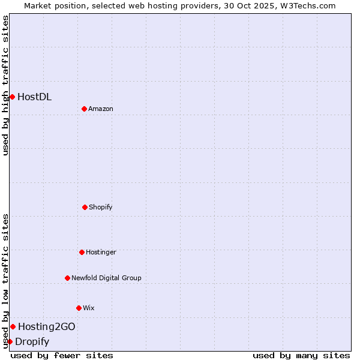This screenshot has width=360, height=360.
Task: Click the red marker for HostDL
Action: [12, 97]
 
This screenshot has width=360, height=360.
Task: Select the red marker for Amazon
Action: [84, 109]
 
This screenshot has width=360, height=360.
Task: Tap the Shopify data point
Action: [85, 207]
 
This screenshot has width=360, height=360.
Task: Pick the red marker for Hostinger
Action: [82, 252]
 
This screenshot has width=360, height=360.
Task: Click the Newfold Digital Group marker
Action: [67, 278]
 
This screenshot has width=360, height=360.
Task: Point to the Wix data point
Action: [79, 308]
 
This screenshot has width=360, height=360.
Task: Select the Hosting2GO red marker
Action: [13, 326]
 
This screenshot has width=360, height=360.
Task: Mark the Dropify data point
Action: [10, 341]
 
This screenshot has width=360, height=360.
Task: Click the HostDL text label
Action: [35, 97]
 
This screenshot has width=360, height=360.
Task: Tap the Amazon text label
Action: [101, 109]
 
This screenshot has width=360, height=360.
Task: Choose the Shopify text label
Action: [101, 207]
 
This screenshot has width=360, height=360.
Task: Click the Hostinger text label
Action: [101, 252]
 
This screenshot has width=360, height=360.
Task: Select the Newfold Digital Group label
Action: [106, 278]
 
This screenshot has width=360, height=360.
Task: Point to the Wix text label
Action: [89, 308]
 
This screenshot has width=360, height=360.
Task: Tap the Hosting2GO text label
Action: [47, 326]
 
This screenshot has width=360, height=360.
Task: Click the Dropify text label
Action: [32, 342]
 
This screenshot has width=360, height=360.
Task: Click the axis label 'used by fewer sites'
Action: [62, 355]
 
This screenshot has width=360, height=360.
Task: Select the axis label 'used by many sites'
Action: [301, 355]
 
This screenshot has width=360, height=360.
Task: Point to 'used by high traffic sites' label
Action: [5, 85]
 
